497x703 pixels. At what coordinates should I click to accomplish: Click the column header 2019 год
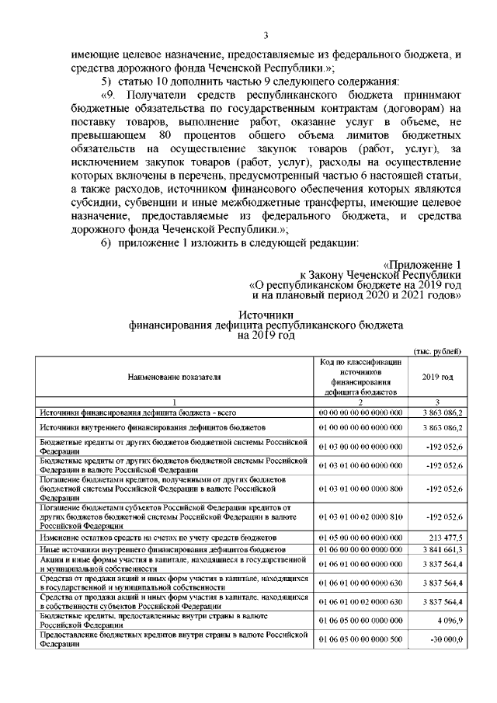pos(438,377)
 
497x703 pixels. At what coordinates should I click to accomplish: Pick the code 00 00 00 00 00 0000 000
pos(360,412)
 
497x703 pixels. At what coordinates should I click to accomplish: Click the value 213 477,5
pos(447,537)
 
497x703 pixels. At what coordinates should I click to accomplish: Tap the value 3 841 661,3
pos(443,548)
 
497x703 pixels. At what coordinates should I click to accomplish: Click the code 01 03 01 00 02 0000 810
pos(360,515)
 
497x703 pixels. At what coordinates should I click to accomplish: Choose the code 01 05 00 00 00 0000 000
pos(360,537)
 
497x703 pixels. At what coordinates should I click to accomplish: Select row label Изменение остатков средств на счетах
pos(155,537)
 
